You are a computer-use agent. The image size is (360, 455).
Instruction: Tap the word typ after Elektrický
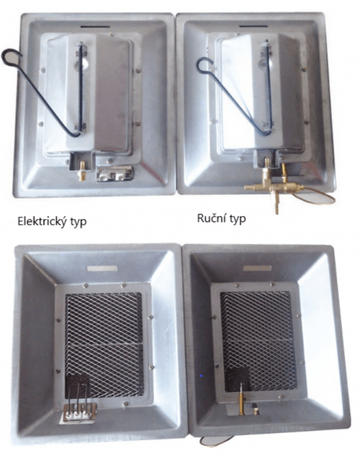[76, 222]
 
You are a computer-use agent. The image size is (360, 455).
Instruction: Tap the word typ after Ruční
[236, 218]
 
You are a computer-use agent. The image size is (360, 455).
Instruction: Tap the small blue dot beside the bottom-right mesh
[202, 376]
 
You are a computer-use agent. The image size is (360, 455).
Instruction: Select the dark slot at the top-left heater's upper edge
[95, 27]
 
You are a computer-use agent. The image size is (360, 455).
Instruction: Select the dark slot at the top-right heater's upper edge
[253, 27]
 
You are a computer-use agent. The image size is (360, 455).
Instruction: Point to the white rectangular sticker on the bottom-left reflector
[102, 268]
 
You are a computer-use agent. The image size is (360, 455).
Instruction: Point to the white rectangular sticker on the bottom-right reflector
[258, 268]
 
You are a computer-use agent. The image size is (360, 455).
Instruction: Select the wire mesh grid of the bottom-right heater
[258, 340]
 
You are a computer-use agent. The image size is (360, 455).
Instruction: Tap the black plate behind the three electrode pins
[78, 385]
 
